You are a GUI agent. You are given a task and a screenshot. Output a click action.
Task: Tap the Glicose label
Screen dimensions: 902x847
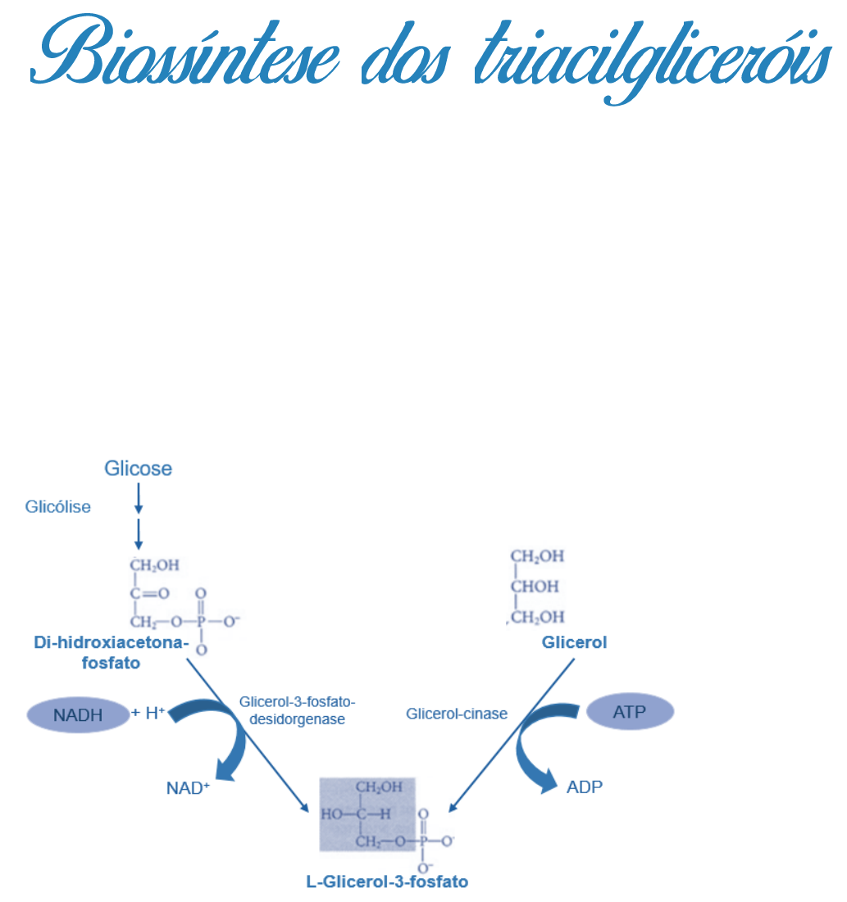[138, 469]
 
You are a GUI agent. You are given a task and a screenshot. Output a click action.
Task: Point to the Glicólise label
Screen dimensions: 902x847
[57, 507]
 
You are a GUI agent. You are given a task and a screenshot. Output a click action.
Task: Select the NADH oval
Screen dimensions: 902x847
[79, 715]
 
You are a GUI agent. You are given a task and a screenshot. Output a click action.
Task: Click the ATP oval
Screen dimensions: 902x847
[630, 712]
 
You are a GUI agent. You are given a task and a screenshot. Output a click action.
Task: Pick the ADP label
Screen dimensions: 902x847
[585, 787]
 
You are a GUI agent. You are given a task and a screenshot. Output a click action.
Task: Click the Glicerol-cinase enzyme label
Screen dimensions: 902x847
[457, 714]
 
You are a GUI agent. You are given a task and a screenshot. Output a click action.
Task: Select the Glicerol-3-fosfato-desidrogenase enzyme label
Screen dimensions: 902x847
[297, 711]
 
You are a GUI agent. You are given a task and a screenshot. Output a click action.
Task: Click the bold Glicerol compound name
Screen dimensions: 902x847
[574, 643]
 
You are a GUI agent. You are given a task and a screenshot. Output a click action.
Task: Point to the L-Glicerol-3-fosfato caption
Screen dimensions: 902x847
[387, 882]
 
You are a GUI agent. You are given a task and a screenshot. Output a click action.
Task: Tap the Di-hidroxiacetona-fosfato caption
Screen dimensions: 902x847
[112, 653]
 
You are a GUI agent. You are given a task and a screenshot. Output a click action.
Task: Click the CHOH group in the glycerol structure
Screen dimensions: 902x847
[535, 587]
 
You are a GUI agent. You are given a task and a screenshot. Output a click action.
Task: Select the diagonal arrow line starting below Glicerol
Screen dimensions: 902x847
[512, 733]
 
